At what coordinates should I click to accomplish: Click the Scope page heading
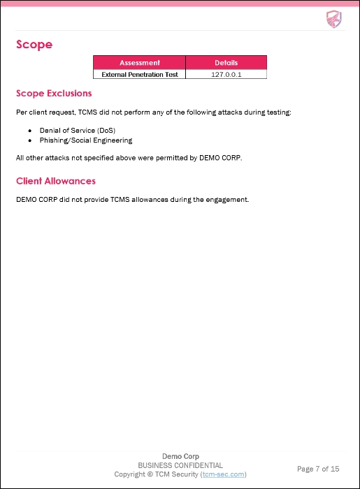pos(34,45)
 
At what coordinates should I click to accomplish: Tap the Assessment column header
pos(140,63)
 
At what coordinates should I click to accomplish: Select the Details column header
pos(226,63)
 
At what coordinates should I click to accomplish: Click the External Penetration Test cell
pos(140,73)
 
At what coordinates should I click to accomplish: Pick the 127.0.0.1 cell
pos(226,73)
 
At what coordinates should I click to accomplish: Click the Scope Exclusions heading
pos(54,93)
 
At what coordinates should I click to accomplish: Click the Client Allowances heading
pos(56,181)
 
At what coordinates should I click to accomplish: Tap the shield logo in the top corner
pos(333,19)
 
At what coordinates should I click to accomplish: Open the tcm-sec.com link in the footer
pos(223,474)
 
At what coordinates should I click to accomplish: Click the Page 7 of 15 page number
pos(318,469)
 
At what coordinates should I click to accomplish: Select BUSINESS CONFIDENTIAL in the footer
pos(180,465)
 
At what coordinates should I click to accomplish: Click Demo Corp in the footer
pos(180,456)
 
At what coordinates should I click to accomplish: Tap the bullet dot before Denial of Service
pos(31,131)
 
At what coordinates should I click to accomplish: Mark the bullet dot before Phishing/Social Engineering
pos(31,140)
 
